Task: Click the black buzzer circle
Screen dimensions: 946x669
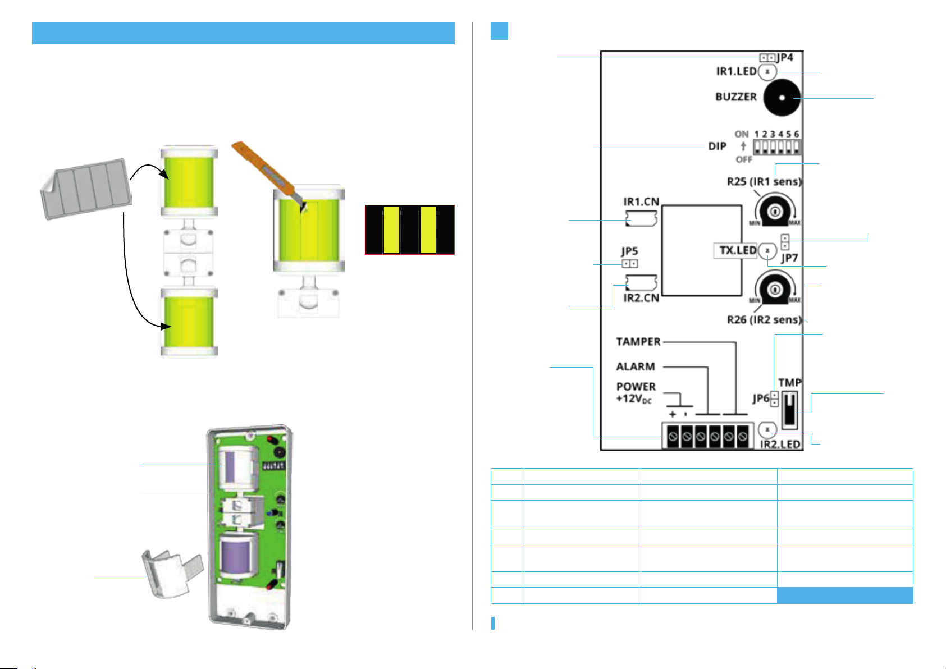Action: coord(782,98)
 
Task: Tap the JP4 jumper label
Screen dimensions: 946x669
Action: coord(785,57)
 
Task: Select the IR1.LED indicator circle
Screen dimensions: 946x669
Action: coord(767,72)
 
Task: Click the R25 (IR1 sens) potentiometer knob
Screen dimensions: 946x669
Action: coord(775,210)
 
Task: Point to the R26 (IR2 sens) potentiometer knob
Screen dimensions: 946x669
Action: coord(775,290)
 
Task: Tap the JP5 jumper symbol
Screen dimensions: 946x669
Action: coord(630,264)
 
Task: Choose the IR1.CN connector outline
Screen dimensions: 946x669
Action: coord(641,219)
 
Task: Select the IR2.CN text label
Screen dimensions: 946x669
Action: coord(641,298)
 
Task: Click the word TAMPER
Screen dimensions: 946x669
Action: coord(638,341)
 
